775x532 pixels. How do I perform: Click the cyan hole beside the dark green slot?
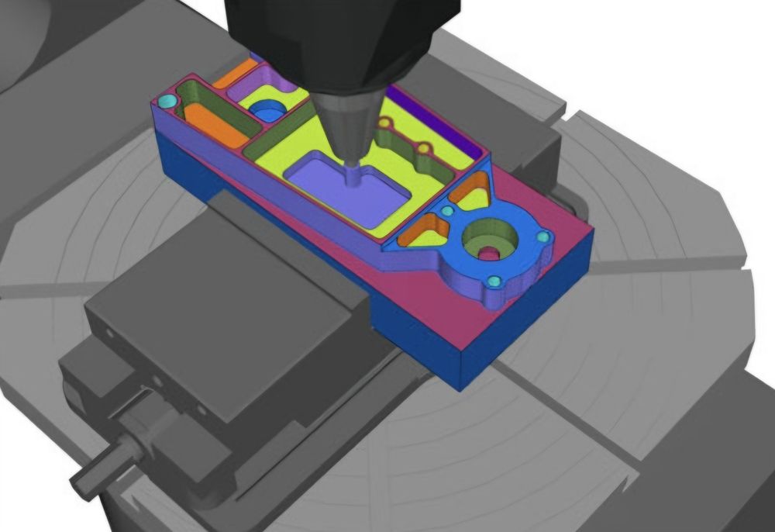click(x=165, y=102)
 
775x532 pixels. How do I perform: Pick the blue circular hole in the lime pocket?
click(x=267, y=114)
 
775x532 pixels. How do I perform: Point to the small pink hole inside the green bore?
click(x=487, y=254)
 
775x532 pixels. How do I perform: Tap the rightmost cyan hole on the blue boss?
click(x=542, y=237)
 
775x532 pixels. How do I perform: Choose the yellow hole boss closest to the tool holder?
click(x=385, y=123)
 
